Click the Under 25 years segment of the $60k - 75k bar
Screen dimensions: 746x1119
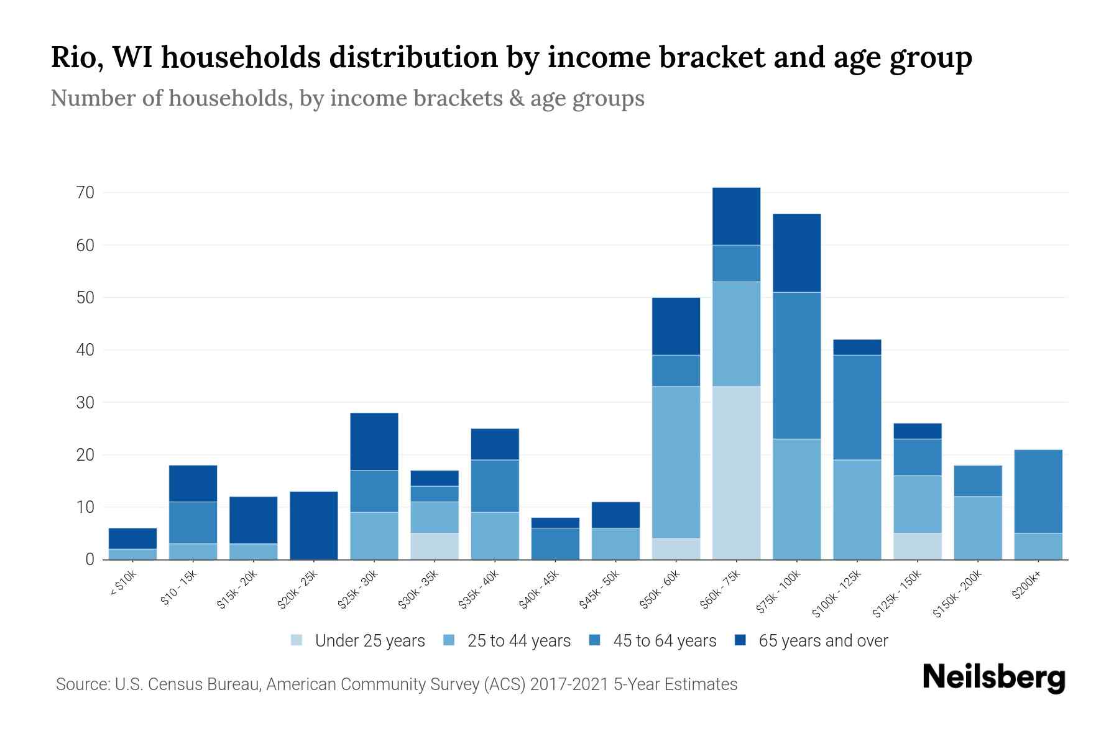pos(736,472)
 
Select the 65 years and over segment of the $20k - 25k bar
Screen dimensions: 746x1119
pos(314,525)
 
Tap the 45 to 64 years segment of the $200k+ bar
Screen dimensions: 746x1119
pos(1038,491)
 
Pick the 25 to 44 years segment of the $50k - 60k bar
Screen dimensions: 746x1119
pos(676,462)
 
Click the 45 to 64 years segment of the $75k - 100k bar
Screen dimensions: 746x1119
pos(796,366)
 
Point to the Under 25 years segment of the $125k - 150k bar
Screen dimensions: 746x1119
pos(918,546)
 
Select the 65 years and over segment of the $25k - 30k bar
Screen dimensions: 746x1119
pos(374,441)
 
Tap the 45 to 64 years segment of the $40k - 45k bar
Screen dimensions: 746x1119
pos(555,543)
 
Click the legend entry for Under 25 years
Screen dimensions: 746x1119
pos(358,641)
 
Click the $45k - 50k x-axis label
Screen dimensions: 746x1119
pos(599,591)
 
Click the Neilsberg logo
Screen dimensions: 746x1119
pos(993,678)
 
